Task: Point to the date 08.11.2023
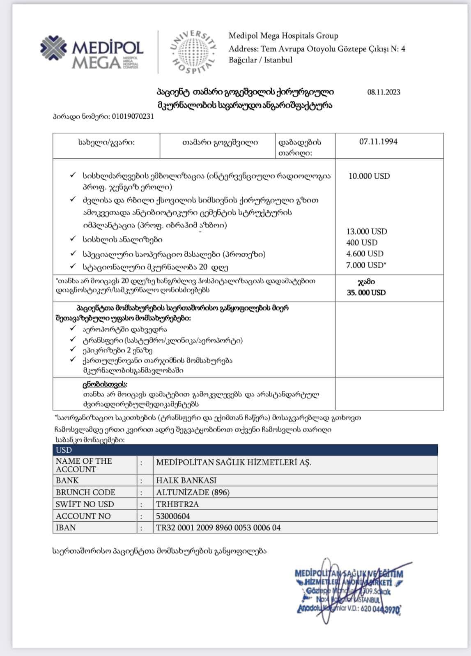[384, 92]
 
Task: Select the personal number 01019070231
[132, 116]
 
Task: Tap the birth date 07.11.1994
[378, 142]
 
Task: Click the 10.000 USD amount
[369, 176]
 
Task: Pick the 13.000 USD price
[367, 231]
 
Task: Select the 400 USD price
[362, 242]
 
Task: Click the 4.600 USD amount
[365, 253]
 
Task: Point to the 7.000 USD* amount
[366, 265]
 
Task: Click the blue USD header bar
[245, 450]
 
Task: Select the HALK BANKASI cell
[186, 480]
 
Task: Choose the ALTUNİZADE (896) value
[193, 492]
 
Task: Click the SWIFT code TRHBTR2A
[177, 504]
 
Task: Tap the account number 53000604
[173, 516]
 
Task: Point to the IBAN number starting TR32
[218, 528]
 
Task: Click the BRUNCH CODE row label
[85, 492]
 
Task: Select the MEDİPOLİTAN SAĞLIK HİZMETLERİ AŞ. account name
[234, 462]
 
